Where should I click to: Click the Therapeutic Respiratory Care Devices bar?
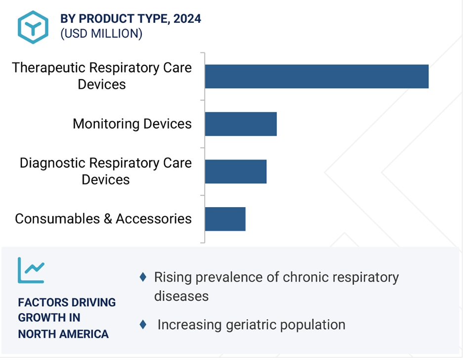pyautogui.click(x=317, y=76)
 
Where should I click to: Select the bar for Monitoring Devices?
pyautogui.click(x=241, y=124)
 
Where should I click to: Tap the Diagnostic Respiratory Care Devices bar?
pyautogui.click(x=236, y=172)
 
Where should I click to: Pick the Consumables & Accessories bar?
pyautogui.click(x=225, y=219)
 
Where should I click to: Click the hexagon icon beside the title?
pyautogui.click(x=33, y=27)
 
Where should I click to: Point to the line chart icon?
pyautogui.click(x=31, y=270)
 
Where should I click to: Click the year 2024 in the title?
pyautogui.click(x=187, y=19)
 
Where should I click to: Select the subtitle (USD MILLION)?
pyautogui.click(x=101, y=34)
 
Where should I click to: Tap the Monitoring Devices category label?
pyautogui.click(x=132, y=124)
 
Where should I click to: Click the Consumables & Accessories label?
pyautogui.click(x=103, y=219)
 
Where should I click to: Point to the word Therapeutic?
pyautogui.click(x=48, y=68)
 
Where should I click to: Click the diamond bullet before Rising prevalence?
pyautogui.click(x=143, y=277)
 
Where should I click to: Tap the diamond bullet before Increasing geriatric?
pyautogui.click(x=143, y=324)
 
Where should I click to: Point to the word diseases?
pyautogui.click(x=181, y=296)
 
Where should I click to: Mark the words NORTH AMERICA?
pyautogui.click(x=63, y=334)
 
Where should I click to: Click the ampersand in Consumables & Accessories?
pyautogui.click(x=108, y=219)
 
